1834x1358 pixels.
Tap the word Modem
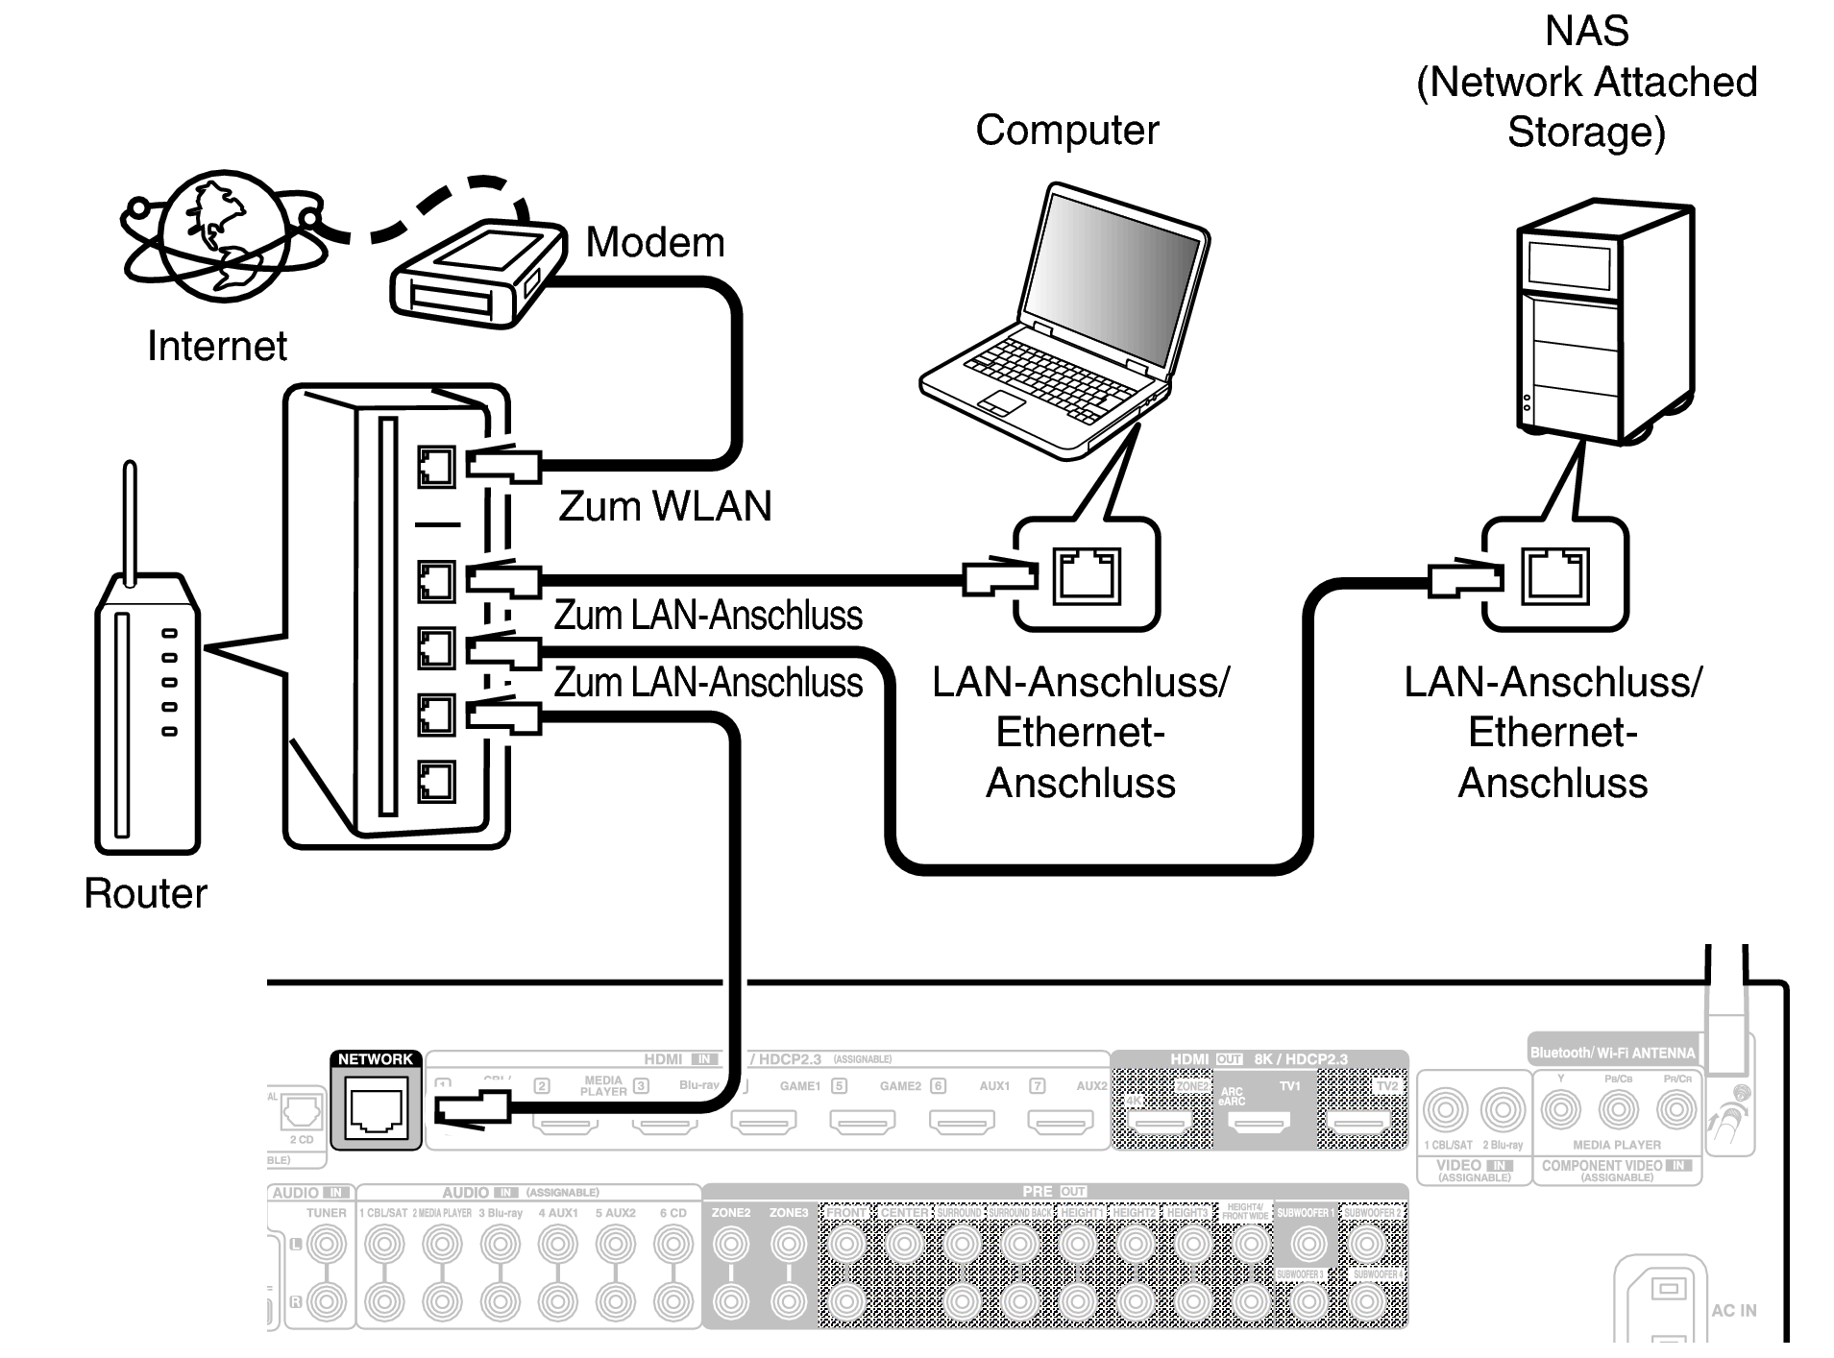point(655,242)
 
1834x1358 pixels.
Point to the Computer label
point(1066,131)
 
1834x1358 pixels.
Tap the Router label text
point(145,893)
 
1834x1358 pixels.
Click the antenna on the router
point(130,519)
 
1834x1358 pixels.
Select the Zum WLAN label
point(665,506)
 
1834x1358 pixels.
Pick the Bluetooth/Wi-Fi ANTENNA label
point(1612,1053)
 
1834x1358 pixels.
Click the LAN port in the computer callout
point(1087,576)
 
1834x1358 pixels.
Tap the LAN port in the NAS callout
point(1554,576)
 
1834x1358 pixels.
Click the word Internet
point(216,346)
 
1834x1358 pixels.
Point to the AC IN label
point(1733,1310)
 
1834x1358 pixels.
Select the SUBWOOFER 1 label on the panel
point(1303,1213)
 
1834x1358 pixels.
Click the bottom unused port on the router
point(436,782)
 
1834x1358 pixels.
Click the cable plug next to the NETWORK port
point(471,1110)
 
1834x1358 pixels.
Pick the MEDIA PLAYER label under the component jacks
point(1617,1145)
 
